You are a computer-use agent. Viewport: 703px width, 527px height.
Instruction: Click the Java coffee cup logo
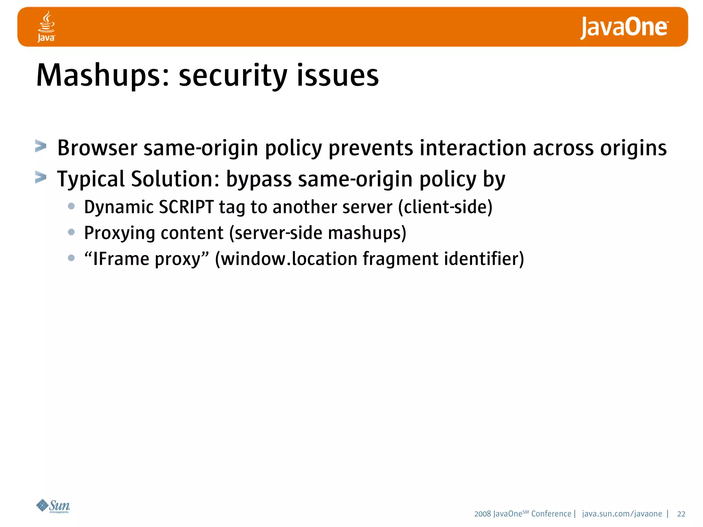tap(46, 26)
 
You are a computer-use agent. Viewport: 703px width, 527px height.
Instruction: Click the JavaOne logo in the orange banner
tap(624, 28)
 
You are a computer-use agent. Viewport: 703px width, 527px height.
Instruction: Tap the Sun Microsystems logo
tap(53, 506)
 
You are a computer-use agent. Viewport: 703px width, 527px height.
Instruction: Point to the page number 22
tap(681, 514)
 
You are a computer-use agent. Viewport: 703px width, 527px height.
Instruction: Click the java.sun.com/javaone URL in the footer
tap(622, 514)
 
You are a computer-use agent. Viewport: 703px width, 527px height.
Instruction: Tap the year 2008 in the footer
tap(482, 514)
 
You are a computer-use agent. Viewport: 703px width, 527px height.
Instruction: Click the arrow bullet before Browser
tap(41, 147)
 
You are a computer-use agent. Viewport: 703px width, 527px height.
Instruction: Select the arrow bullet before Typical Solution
tap(41, 178)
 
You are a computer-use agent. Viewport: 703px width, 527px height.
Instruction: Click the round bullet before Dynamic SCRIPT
tap(71, 206)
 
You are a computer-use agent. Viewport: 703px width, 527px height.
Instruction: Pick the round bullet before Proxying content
tap(71, 232)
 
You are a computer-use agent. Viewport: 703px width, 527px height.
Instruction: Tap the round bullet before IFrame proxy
tap(71, 258)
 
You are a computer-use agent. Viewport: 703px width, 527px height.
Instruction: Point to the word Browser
tap(97, 148)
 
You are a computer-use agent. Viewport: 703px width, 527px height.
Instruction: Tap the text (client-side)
tap(445, 207)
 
